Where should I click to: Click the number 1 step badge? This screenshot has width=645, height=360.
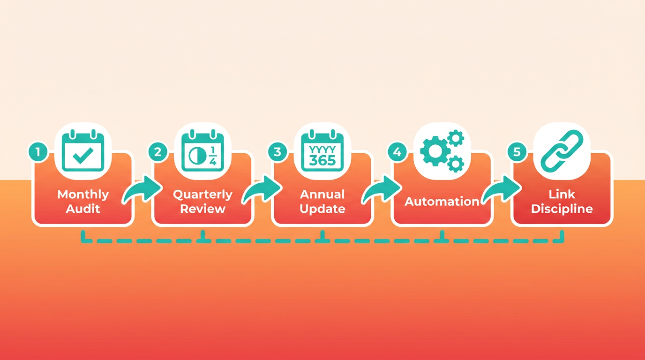38,151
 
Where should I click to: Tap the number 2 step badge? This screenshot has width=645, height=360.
158,151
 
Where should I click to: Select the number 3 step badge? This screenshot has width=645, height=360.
277,151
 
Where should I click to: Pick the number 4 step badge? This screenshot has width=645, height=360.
397,151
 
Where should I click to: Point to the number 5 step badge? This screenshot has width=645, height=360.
517,151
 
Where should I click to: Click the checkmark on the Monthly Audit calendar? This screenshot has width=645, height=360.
83,155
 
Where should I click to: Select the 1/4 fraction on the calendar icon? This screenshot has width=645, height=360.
213,156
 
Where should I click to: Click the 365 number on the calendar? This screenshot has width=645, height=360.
322,160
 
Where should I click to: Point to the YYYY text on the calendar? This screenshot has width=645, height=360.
322,149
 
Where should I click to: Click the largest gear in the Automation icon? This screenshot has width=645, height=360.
435,151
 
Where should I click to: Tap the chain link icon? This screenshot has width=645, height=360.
562,150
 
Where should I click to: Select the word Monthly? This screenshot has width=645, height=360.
83,195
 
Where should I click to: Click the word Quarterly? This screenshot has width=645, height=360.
202,195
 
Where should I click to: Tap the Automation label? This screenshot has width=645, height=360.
442,202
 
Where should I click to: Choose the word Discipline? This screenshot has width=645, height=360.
562,209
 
